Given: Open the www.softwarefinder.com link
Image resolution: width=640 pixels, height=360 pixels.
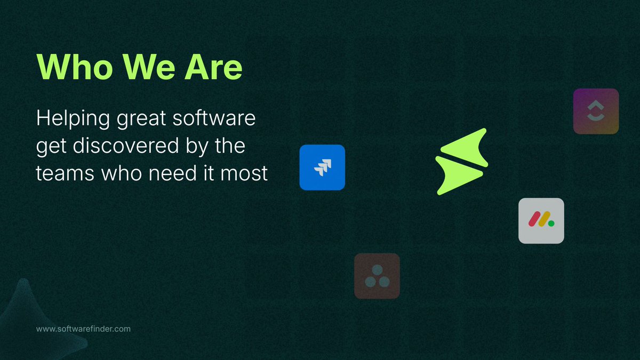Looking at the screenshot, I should coord(83,329).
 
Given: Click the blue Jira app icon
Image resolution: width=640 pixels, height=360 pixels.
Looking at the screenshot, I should coord(322,167).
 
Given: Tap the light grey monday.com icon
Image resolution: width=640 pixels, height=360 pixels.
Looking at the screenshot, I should coord(541,221).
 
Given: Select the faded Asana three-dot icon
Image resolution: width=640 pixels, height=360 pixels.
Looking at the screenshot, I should coord(377,276).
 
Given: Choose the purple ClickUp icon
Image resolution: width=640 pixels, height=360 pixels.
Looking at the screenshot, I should coord(596,111).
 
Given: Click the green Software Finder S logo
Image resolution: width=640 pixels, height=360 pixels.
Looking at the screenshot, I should coord(462,161).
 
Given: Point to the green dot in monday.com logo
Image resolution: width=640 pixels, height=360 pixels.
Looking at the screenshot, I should coord(551,223).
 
